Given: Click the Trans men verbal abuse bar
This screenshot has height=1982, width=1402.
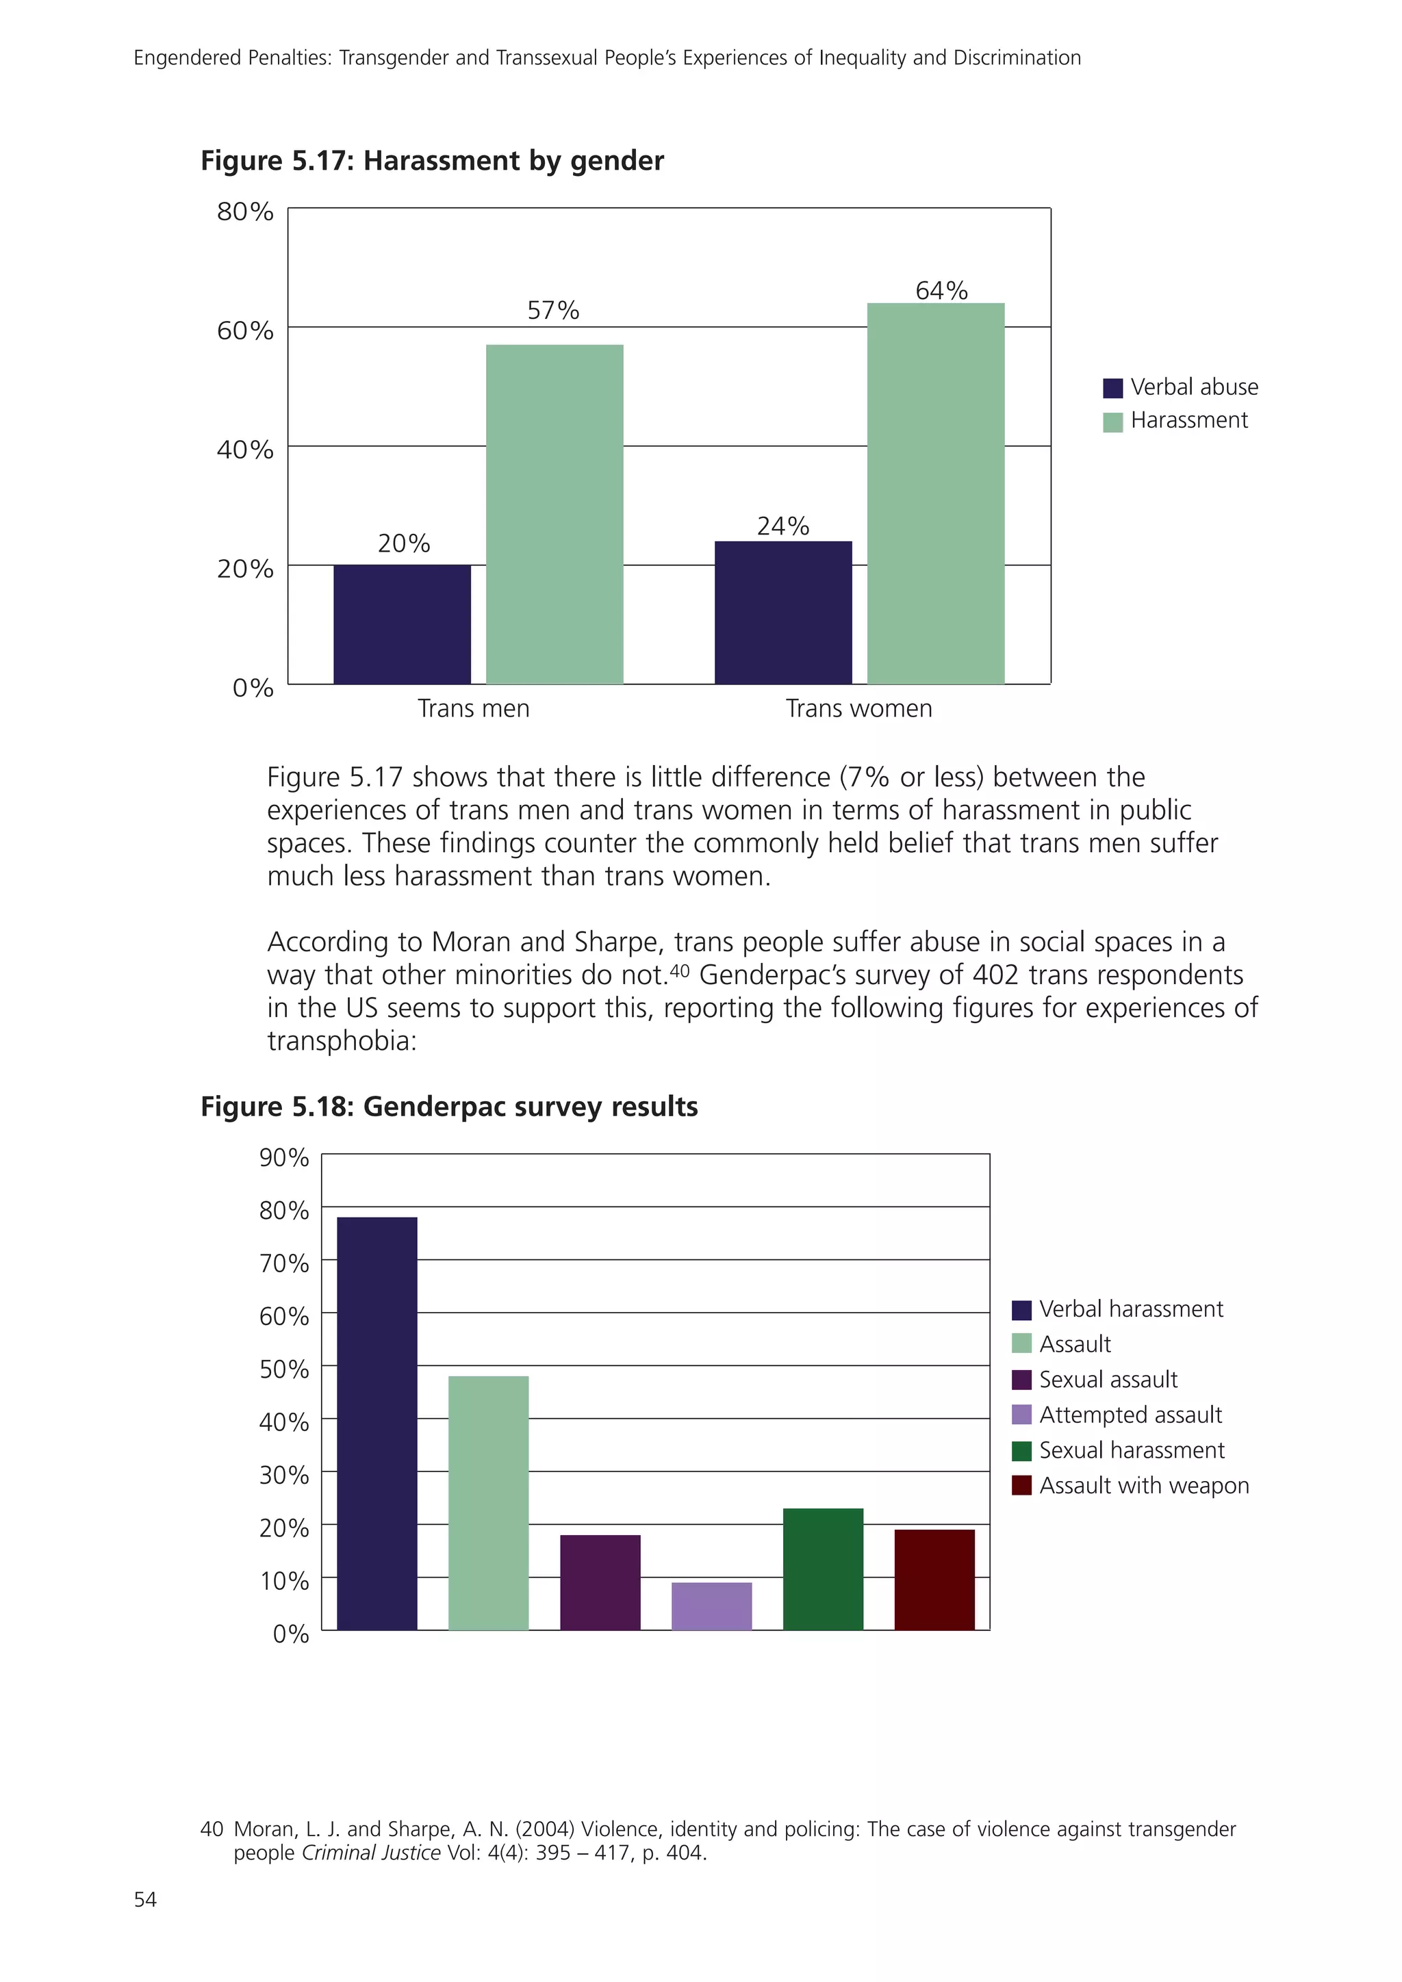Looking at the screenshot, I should point(403,624).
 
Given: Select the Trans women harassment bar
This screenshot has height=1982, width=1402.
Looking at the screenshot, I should point(936,493).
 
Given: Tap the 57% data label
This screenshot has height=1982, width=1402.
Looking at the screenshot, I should point(553,311).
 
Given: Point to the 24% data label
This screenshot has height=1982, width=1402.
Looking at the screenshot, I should point(783,526).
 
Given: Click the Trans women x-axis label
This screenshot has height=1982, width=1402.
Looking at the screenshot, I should point(859,709).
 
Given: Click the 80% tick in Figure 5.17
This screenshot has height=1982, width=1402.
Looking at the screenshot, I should point(245,211).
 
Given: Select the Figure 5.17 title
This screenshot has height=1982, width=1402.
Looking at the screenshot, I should point(432,161).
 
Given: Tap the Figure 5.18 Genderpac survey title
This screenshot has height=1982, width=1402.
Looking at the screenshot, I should point(449,1107).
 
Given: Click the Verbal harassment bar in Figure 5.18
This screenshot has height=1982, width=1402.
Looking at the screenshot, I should point(377,1424).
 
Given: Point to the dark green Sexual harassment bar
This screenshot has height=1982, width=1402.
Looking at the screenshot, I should point(823,1569).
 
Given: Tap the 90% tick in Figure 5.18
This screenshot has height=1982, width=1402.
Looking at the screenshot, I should point(284,1157).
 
